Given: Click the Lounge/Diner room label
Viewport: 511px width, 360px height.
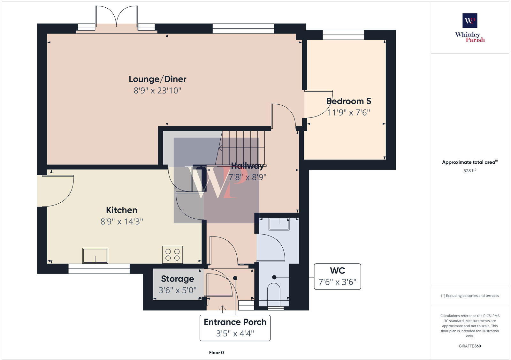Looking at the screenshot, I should point(157,79).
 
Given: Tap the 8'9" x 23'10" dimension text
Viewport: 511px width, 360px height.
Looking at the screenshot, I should point(157,91).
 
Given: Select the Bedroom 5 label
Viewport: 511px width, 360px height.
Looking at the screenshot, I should point(348,101).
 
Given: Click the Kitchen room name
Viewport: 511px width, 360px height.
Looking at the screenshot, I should point(121,210).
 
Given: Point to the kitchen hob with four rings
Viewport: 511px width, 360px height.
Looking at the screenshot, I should point(172,254).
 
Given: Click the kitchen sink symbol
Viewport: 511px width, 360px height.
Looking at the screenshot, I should point(95,256).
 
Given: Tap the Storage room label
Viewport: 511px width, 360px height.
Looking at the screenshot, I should point(177,279).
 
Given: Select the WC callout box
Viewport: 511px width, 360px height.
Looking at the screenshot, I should point(337,276).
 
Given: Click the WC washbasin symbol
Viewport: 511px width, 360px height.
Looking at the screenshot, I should point(279,224).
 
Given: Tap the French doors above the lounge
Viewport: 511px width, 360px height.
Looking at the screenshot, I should point(117,18).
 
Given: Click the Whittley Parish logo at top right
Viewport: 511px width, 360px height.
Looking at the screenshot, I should point(470,28).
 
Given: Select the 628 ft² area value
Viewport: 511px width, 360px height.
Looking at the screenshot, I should point(470,171).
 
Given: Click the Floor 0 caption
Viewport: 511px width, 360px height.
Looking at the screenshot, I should point(216,353).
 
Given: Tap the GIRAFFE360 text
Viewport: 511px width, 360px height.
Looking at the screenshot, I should point(470,346).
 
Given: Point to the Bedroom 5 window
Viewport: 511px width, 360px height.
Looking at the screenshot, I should point(343,34).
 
